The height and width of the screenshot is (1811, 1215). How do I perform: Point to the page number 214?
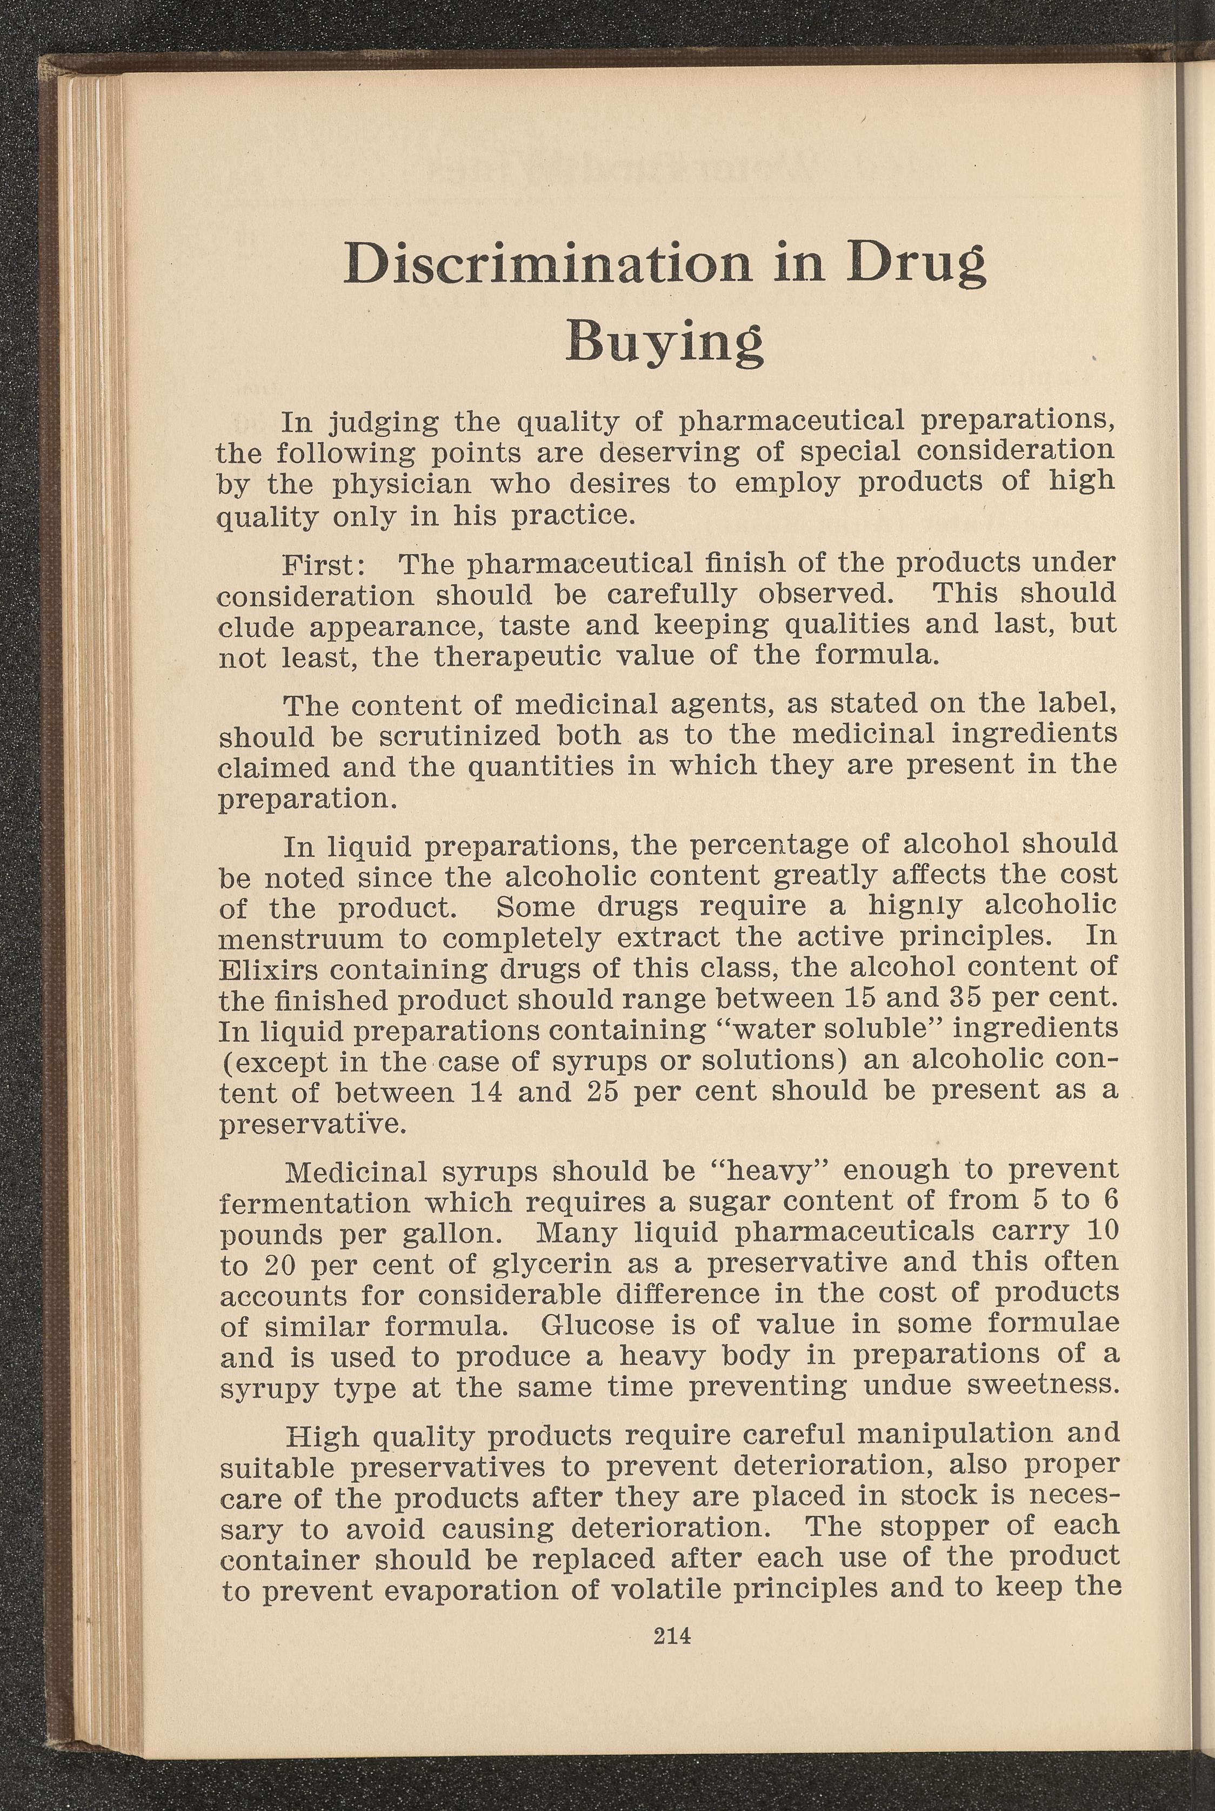click(672, 1636)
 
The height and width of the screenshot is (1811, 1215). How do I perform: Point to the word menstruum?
click(302, 938)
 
